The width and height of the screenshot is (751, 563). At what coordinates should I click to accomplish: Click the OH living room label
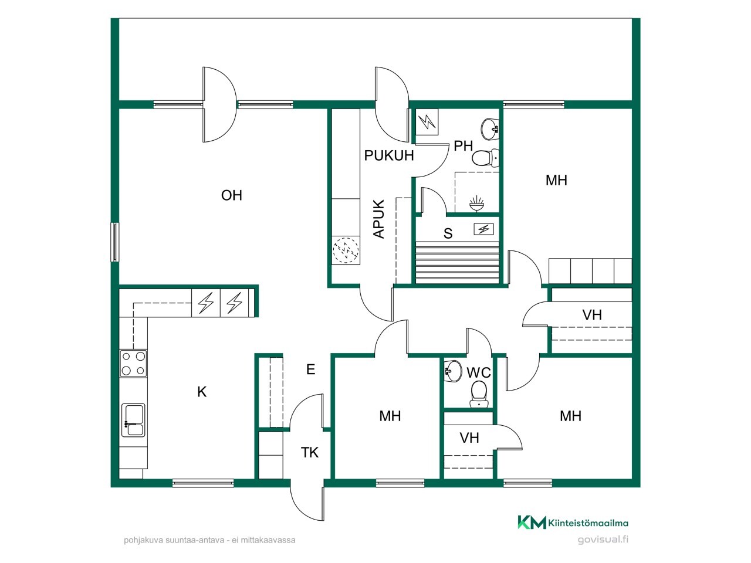coord(232,195)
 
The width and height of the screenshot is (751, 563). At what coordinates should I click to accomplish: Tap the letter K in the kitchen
coord(202,392)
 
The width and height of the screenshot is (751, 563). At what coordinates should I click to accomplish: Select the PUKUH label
coord(388,155)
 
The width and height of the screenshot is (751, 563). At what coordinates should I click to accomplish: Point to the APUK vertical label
coord(379,219)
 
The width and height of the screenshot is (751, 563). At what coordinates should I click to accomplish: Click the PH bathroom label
coord(464,146)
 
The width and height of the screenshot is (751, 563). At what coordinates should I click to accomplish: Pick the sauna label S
coord(448,233)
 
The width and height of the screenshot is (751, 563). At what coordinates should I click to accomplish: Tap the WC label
coord(479,372)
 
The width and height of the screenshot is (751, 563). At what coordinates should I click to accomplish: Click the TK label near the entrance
coord(310,452)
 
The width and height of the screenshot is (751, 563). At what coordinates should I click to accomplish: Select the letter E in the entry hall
coord(310,369)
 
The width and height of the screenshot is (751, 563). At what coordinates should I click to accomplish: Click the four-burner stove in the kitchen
coord(133,364)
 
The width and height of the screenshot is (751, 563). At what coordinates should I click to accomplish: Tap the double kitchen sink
coord(133,420)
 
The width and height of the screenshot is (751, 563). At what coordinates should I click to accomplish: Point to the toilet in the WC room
coord(479,394)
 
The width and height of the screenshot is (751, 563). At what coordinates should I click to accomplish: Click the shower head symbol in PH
coord(476,204)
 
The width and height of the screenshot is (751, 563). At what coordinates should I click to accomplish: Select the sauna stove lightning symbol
coord(483,229)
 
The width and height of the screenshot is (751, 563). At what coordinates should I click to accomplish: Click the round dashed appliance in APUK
coord(346,250)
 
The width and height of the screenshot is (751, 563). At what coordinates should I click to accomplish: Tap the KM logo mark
coord(532,522)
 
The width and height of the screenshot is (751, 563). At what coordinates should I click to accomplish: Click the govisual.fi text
coord(603,540)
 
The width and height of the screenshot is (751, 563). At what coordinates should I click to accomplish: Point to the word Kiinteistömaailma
coord(588,523)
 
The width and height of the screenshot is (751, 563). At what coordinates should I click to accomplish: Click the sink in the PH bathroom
coord(489,129)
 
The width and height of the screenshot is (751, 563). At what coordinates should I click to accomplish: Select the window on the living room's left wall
coord(114,242)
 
